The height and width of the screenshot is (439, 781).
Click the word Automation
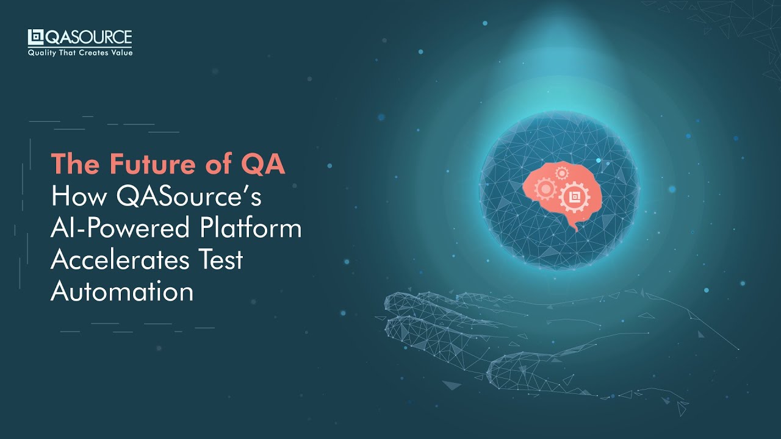(x=122, y=291)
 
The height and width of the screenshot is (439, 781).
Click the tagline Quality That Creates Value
(x=80, y=53)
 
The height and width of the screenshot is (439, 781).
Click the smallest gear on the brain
(x=561, y=173)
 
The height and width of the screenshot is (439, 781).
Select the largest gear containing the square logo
(x=574, y=196)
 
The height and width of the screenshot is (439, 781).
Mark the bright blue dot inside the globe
(x=599, y=160)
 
